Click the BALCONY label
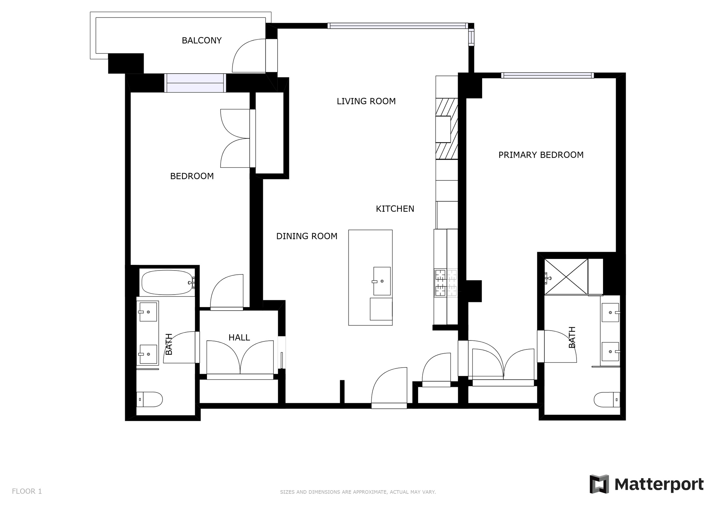pyautogui.click(x=201, y=41)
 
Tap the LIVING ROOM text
pyautogui.click(x=366, y=101)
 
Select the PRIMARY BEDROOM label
pyautogui.click(x=540, y=155)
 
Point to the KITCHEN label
pyautogui.click(x=395, y=209)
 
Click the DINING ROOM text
pyautogui.click(x=307, y=236)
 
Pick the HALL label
pyautogui.click(x=239, y=338)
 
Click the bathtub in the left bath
pyautogui.click(x=167, y=282)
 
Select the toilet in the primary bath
pyautogui.click(x=607, y=399)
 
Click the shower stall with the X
pyautogui.click(x=566, y=276)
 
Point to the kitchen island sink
pyautogui.click(x=382, y=281)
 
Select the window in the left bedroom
pyautogui.click(x=195, y=83)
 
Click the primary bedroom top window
pyautogui.click(x=547, y=75)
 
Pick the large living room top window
pyautogui.click(x=398, y=26)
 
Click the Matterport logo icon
pyautogui.click(x=599, y=484)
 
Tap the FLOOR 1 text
pyautogui.click(x=27, y=491)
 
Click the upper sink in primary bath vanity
pyautogui.click(x=610, y=312)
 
